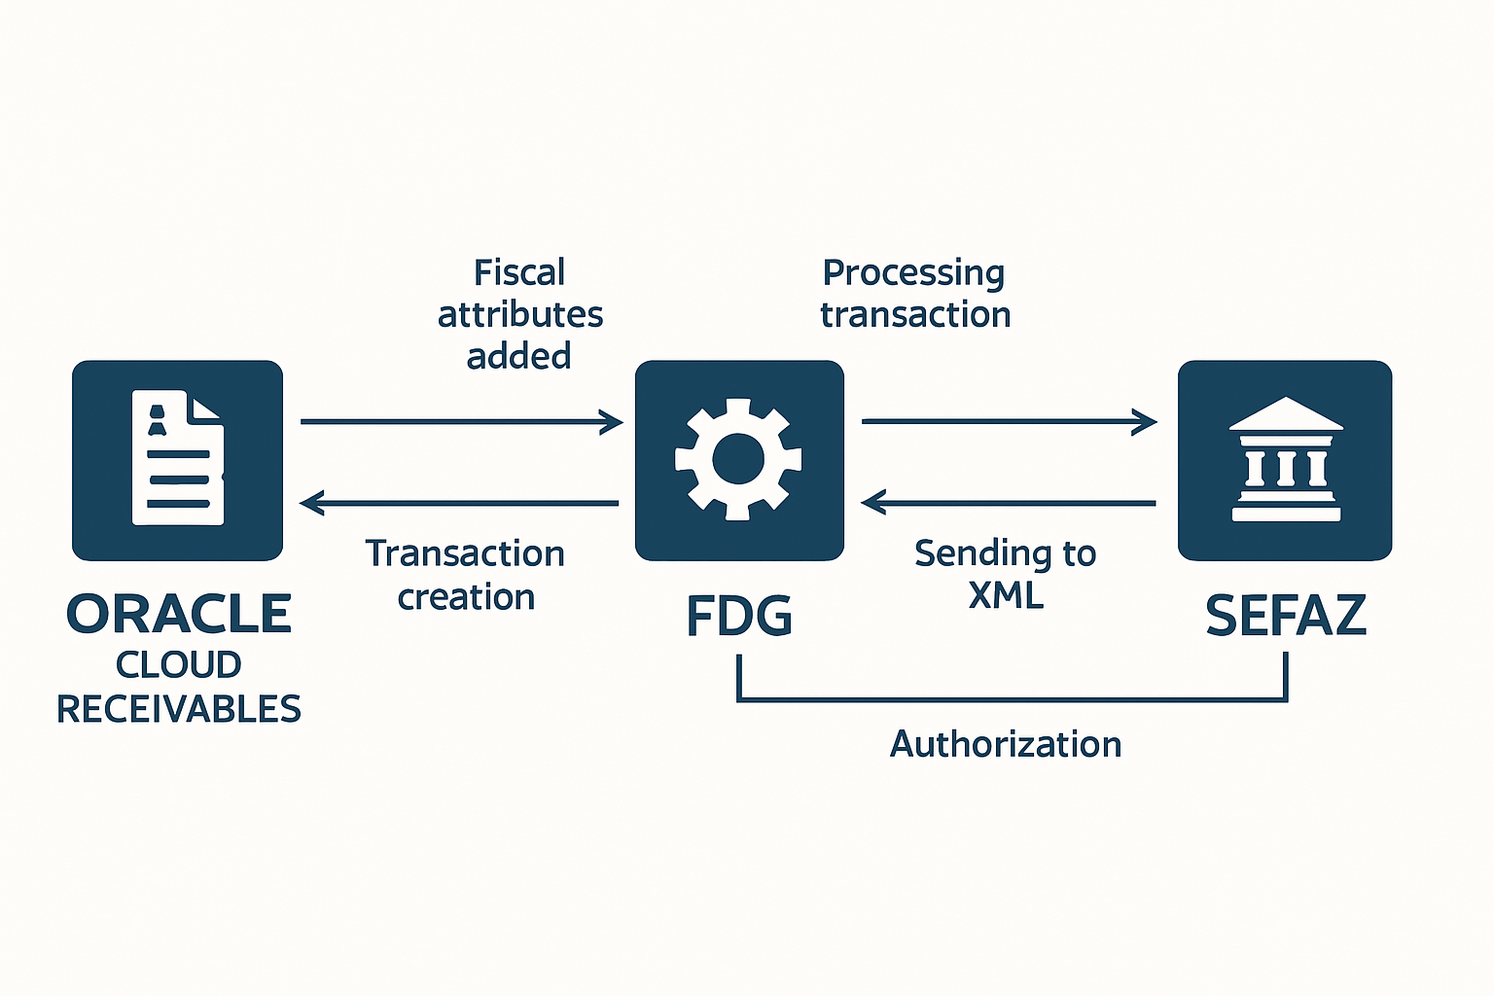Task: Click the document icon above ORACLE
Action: (178, 458)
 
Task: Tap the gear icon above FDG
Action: (738, 459)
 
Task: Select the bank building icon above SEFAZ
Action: (1285, 459)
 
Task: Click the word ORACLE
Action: (179, 615)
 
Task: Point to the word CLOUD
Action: (179, 665)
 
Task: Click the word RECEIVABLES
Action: (179, 710)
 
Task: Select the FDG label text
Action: (739, 617)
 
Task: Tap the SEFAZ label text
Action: (1286, 616)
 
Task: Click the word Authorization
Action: (1006, 744)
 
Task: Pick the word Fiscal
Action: (519, 272)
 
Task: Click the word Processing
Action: (913, 273)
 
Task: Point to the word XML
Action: (1006, 595)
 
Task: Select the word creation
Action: (466, 597)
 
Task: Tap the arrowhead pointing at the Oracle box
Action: (311, 503)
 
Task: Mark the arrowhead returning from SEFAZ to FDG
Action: (872, 503)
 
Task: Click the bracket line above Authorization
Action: (1012, 698)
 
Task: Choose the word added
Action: (518, 357)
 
